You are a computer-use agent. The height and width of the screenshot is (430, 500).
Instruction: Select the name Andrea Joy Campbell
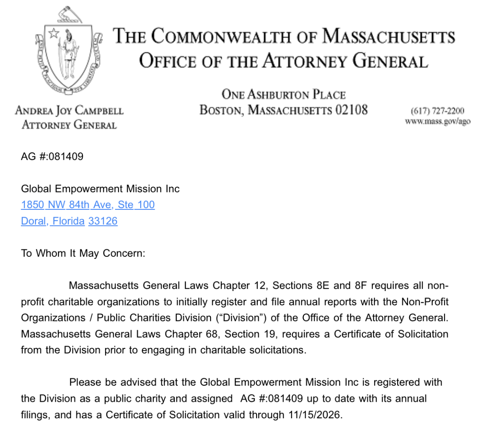click(x=69, y=111)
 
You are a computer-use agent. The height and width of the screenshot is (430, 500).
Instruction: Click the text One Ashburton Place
click(x=283, y=94)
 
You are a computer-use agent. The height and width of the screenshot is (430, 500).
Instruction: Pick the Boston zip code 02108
click(x=352, y=109)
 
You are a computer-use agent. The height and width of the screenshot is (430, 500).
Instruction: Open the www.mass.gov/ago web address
click(x=437, y=122)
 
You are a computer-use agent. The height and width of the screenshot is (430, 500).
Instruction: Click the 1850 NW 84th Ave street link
click(x=88, y=204)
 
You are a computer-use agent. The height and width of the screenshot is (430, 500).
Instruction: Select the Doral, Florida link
click(x=53, y=221)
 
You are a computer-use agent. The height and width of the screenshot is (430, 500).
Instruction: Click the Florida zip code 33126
click(x=103, y=221)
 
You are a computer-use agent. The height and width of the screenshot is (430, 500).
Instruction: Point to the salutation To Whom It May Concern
click(x=83, y=253)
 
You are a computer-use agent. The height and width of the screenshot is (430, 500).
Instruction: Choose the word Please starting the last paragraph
click(x=84, y=382)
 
